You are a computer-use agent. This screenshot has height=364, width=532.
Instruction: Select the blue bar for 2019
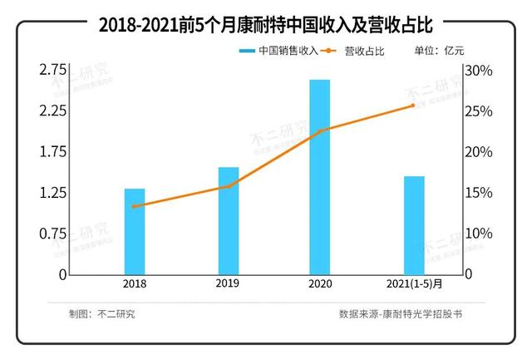(229, 220)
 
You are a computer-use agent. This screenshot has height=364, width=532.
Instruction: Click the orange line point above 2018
(135, 206)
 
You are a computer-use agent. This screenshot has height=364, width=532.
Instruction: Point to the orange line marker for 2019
(229, 186)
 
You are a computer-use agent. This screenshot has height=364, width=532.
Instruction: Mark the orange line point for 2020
(320, 130)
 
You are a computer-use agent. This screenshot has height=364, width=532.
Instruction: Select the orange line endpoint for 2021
(413, 106)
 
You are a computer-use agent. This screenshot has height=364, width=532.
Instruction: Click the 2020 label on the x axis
(320, 284)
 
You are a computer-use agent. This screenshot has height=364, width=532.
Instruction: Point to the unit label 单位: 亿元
(441, 52)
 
